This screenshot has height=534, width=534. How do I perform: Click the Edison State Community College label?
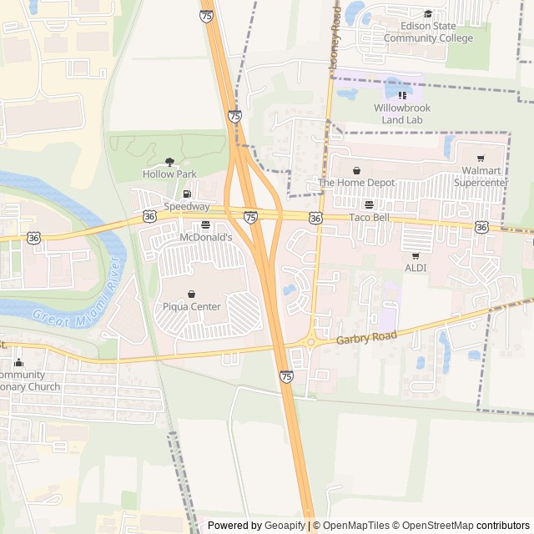tap(427, 33)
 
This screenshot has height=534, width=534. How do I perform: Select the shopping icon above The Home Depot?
tap(356, 170)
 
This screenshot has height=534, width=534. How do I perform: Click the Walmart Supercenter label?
tap(480, 176)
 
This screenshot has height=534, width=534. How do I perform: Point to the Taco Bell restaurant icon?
tap(369, 204)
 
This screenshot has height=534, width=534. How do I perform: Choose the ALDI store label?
tap(416, 268)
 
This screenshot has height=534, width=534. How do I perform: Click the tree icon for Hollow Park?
tap(169, 162)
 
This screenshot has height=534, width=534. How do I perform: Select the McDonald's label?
tap(205, 238)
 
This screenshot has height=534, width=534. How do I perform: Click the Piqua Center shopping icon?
tap(192, 294)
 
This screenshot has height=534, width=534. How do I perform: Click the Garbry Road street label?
tap(369, 337)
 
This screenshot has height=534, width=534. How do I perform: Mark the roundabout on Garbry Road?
tap(310, 341)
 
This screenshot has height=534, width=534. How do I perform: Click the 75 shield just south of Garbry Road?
tap(286, 376)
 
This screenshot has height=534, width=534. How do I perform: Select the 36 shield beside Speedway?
tap(149, 216)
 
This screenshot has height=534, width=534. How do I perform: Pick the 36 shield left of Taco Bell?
tap(315, 218)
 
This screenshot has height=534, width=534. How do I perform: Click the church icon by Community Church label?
tap(18, 362)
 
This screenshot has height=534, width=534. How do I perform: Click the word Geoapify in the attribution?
tap(285, 526)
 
